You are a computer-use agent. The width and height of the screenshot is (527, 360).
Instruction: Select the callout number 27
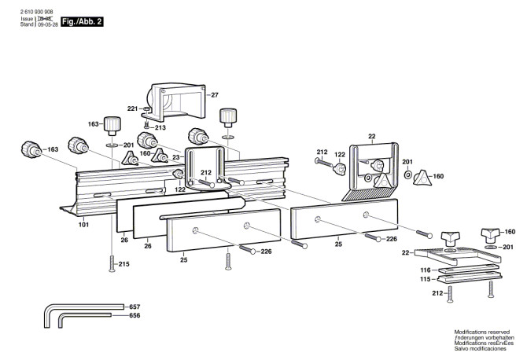(x=214, y=95)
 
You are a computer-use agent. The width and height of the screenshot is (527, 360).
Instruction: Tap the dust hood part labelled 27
(x=180, y=99)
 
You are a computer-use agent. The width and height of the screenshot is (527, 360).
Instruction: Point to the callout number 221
(x=133, y=108)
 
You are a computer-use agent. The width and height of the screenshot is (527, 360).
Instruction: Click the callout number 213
(x=160, y=127)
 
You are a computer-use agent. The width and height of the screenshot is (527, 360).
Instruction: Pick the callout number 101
(x=83, y=225)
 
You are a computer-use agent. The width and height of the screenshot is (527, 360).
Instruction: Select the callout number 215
(x=123, y=263)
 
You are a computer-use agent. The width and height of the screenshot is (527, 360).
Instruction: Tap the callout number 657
(x=135, y=306)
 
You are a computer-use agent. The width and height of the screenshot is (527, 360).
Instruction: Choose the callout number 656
(x=135, y=315)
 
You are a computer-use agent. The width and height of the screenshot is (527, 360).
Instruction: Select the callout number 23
(x=176, y=157)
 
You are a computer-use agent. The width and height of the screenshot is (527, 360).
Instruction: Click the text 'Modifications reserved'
(x=482, y=332)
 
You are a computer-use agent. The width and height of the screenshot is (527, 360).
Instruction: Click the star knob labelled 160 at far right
(x=424, y=176)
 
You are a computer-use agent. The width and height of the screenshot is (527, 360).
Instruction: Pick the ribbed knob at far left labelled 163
(x=30, y=148)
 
